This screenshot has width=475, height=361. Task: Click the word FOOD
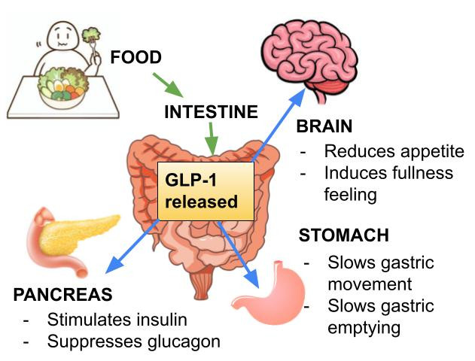pos(136,58)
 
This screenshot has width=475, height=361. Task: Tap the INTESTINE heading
pos(211,113)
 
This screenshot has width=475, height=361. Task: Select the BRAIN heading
pos(324,126)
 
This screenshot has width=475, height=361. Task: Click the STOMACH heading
pos(344,235)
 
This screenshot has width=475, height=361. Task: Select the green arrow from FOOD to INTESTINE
pos(168,83)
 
